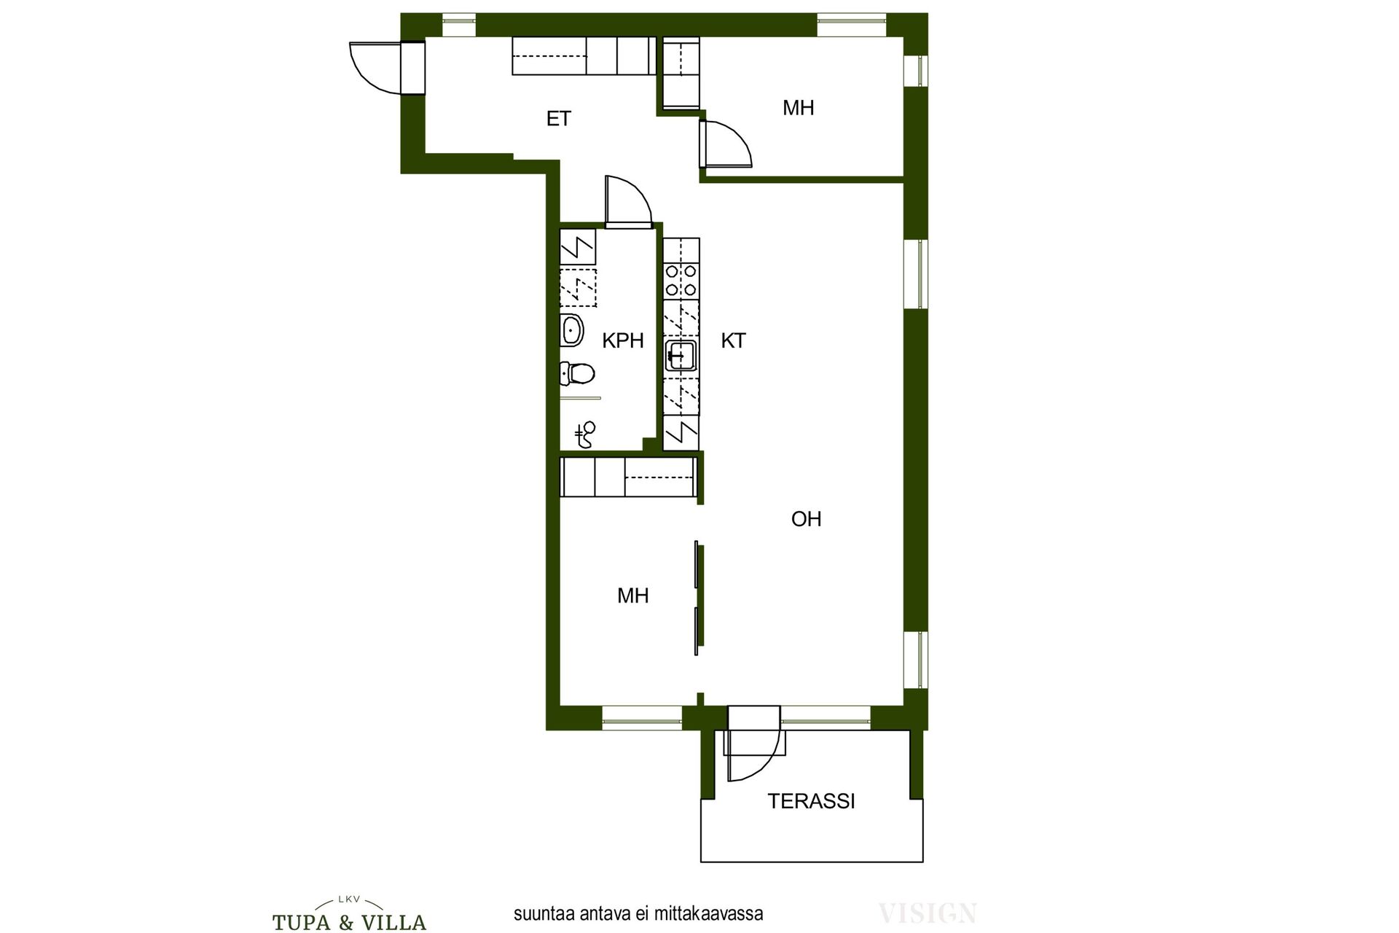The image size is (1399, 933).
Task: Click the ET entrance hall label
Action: pos(559,119)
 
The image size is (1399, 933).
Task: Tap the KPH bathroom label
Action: pos(623,340)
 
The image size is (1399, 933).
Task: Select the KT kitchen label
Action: pos(733,340)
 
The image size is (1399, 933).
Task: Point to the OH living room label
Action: pos(806,519)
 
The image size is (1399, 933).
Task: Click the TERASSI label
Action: pos(811,801)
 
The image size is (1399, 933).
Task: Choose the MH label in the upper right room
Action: pos(798,108)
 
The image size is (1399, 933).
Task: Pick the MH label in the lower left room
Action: pos(632,596)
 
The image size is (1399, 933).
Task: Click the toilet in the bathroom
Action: pos(577,374)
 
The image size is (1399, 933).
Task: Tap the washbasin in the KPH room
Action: pos(572,330)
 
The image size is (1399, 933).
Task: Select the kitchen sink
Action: pos(681,356)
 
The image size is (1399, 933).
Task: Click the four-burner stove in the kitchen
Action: pos(681,281)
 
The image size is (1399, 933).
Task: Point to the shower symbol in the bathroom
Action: pos(586,434)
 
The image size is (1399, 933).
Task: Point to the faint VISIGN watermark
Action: pos(927,913)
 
